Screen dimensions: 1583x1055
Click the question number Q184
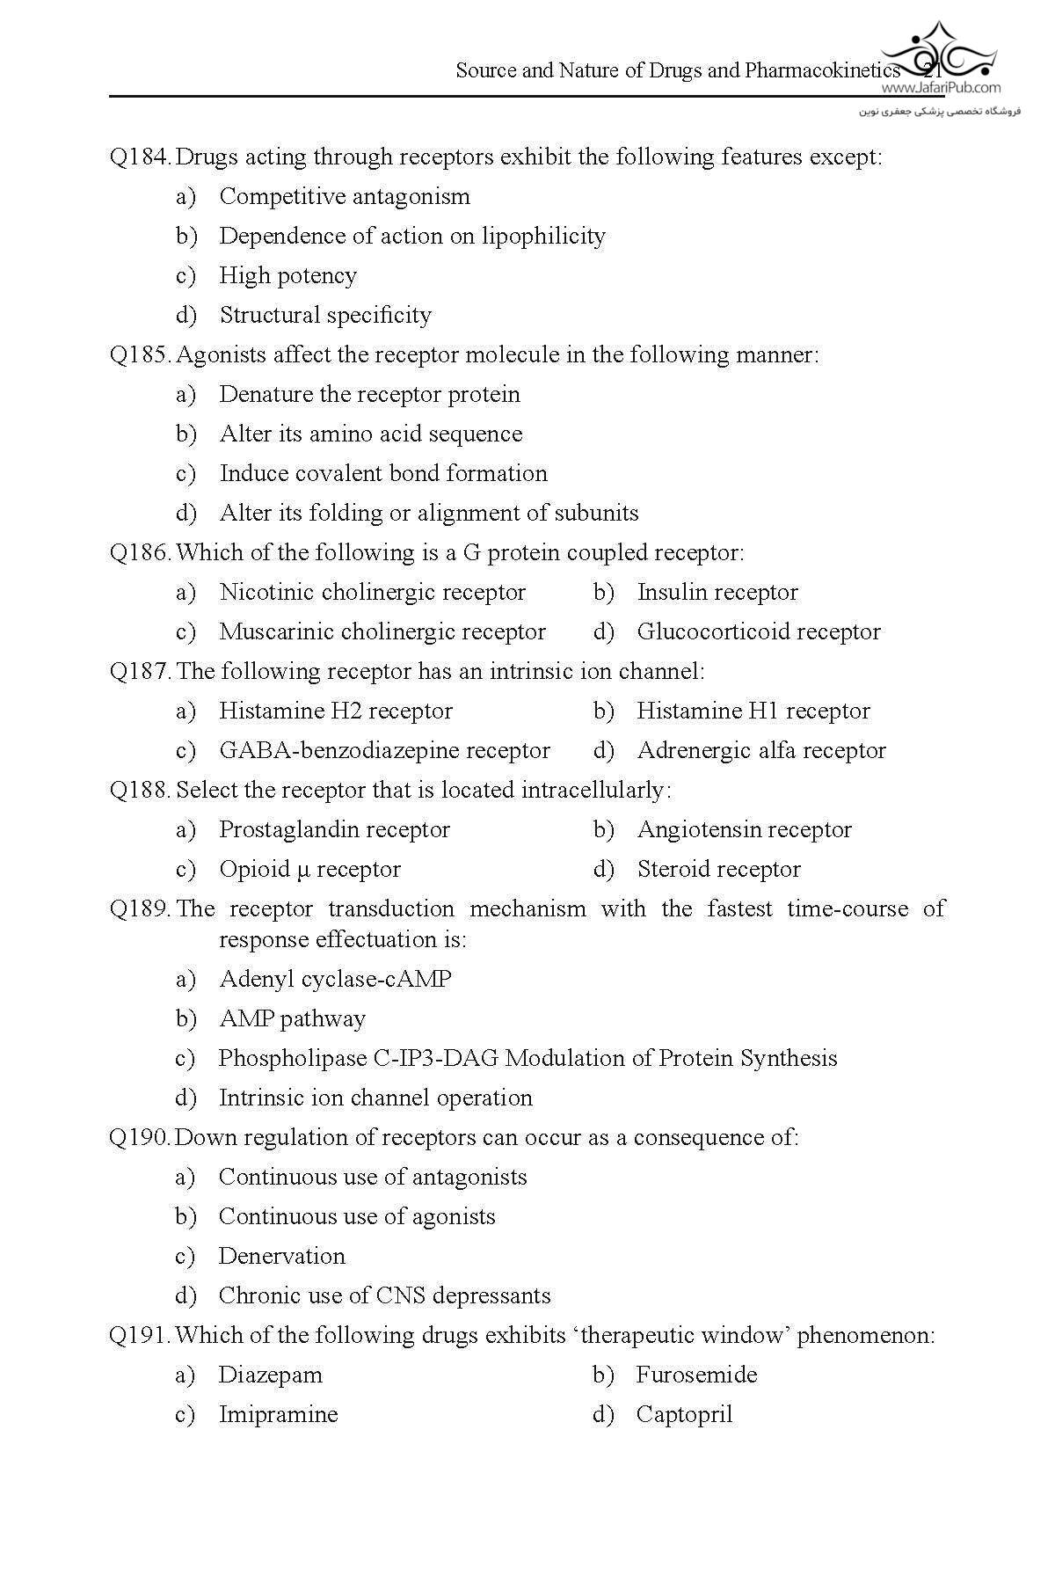click(x=140, y=157)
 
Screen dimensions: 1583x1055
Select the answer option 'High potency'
click(x=287, y=276)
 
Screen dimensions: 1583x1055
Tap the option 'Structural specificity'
click(x=325, y=316)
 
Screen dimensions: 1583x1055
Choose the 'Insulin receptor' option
click(x=717, y=593)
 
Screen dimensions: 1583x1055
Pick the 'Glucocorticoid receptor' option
click(x=758, y=632)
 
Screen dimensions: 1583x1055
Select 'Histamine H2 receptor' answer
click(x=336, y=711)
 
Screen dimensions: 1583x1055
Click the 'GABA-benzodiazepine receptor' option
click(x=384, y=751)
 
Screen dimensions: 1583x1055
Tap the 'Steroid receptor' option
click(x=718, y=870)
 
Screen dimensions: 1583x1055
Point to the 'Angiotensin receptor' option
click(x=744, y=830)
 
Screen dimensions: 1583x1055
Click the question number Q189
click(x=140, y=909)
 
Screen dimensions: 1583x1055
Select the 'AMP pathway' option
click(x=292, y=1019)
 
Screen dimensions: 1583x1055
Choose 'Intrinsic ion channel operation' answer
click(x=375, y=1098)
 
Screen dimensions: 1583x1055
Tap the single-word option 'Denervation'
click(x=281, y=1257)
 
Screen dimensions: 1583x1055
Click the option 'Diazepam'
click(x=270, y=1375)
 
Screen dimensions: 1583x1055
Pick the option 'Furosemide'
click(x=696, y=1375)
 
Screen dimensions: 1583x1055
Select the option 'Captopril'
click(x=684, y=1415)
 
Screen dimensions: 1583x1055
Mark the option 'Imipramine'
click(x=278, y=1415)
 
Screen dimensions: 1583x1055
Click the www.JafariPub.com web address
click(x=941, y=88)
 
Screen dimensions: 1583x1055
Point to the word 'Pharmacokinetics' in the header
click(x=822, y=71)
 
